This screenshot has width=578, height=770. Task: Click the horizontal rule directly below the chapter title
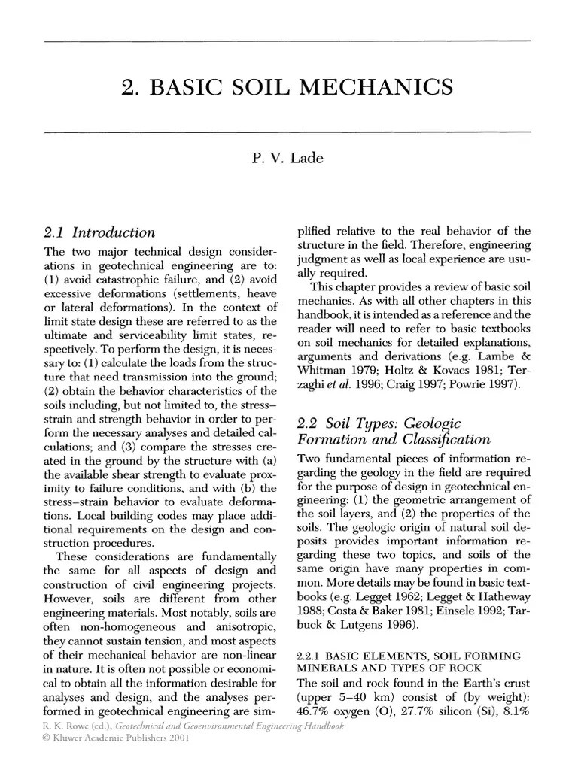(x=288, y=132)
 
